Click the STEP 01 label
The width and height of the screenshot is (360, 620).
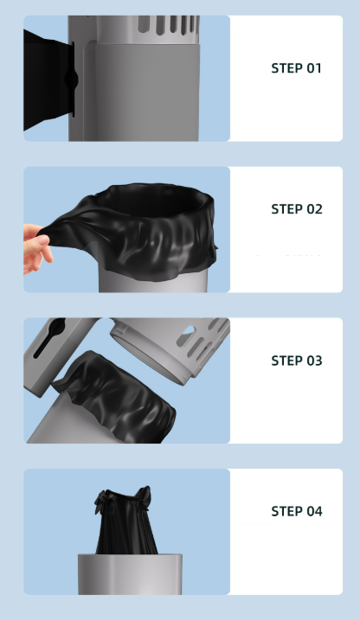tap(296, 68)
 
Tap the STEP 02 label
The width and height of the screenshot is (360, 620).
tap(297, 208)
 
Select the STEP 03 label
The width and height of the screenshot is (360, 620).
tap(297, 361)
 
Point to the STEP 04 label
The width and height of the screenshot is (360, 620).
tap(297, 511)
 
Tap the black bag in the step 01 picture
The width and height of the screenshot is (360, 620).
tap(48, 79)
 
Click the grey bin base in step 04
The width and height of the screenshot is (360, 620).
tap(130, 574)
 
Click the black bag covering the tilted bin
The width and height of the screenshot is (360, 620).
tap(119, 398)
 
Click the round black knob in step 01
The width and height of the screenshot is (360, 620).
tap(71, 79)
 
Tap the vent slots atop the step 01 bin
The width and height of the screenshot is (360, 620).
tap(168, 24)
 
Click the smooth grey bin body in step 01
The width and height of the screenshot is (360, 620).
tap(146, 92)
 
